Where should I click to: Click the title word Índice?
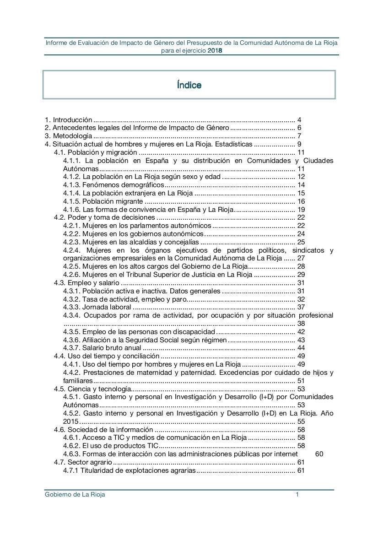(x=189, y=85)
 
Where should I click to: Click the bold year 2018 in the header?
(x=215, y=51)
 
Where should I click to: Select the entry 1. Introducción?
(x=68, y=120)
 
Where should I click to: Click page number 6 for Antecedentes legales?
(x=299, y=128)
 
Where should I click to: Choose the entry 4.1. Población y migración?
(x=96, y=152)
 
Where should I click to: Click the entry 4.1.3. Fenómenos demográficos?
(x=113, y=185)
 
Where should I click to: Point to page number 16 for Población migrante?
(x=301, y=201)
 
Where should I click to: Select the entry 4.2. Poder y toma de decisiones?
(x=105, y=217)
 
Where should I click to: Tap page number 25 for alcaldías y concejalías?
(x=301, y=242)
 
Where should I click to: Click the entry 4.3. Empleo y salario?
(x=87, y=283)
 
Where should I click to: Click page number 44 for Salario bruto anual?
(x=301, y=348)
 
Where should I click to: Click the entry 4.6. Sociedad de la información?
(x=103, y=430)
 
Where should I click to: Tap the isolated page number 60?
(x=319, y=454)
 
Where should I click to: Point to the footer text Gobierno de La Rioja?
(x=75, y=495)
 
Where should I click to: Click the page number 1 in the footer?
(x=297, y=495)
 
